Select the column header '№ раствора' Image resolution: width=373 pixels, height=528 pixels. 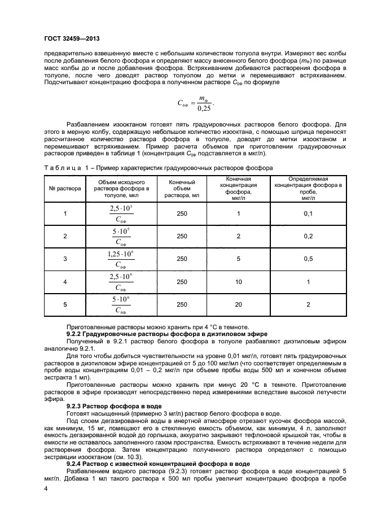[65, 189]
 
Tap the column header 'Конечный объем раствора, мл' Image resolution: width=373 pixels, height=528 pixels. [182, 189]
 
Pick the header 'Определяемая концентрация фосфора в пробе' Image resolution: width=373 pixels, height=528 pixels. [308, 189]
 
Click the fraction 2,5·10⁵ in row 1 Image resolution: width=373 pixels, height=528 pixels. [120, 213]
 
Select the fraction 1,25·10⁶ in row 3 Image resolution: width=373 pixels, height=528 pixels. [120, 259]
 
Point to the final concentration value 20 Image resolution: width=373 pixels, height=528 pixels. [239, 304]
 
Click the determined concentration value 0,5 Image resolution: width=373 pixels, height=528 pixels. [308, 259]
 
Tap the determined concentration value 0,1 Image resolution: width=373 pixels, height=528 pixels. [308, 213]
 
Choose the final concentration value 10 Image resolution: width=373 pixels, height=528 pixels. [239, 281]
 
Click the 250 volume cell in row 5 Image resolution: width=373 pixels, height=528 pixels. [182, 304]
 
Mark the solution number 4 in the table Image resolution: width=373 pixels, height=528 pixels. [65, 281]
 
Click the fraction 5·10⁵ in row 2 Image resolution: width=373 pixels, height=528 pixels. [120, 236]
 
